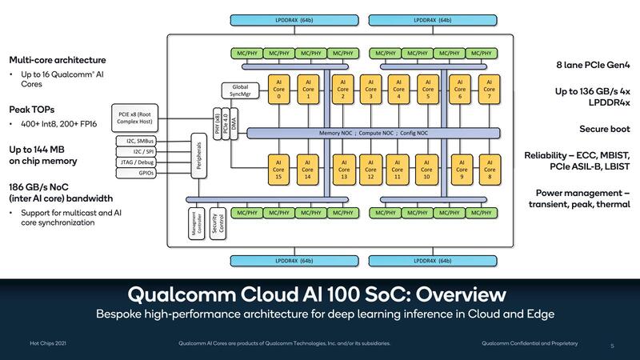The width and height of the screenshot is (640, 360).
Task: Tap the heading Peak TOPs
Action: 31,109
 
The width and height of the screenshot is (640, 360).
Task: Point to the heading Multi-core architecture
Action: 57,60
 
